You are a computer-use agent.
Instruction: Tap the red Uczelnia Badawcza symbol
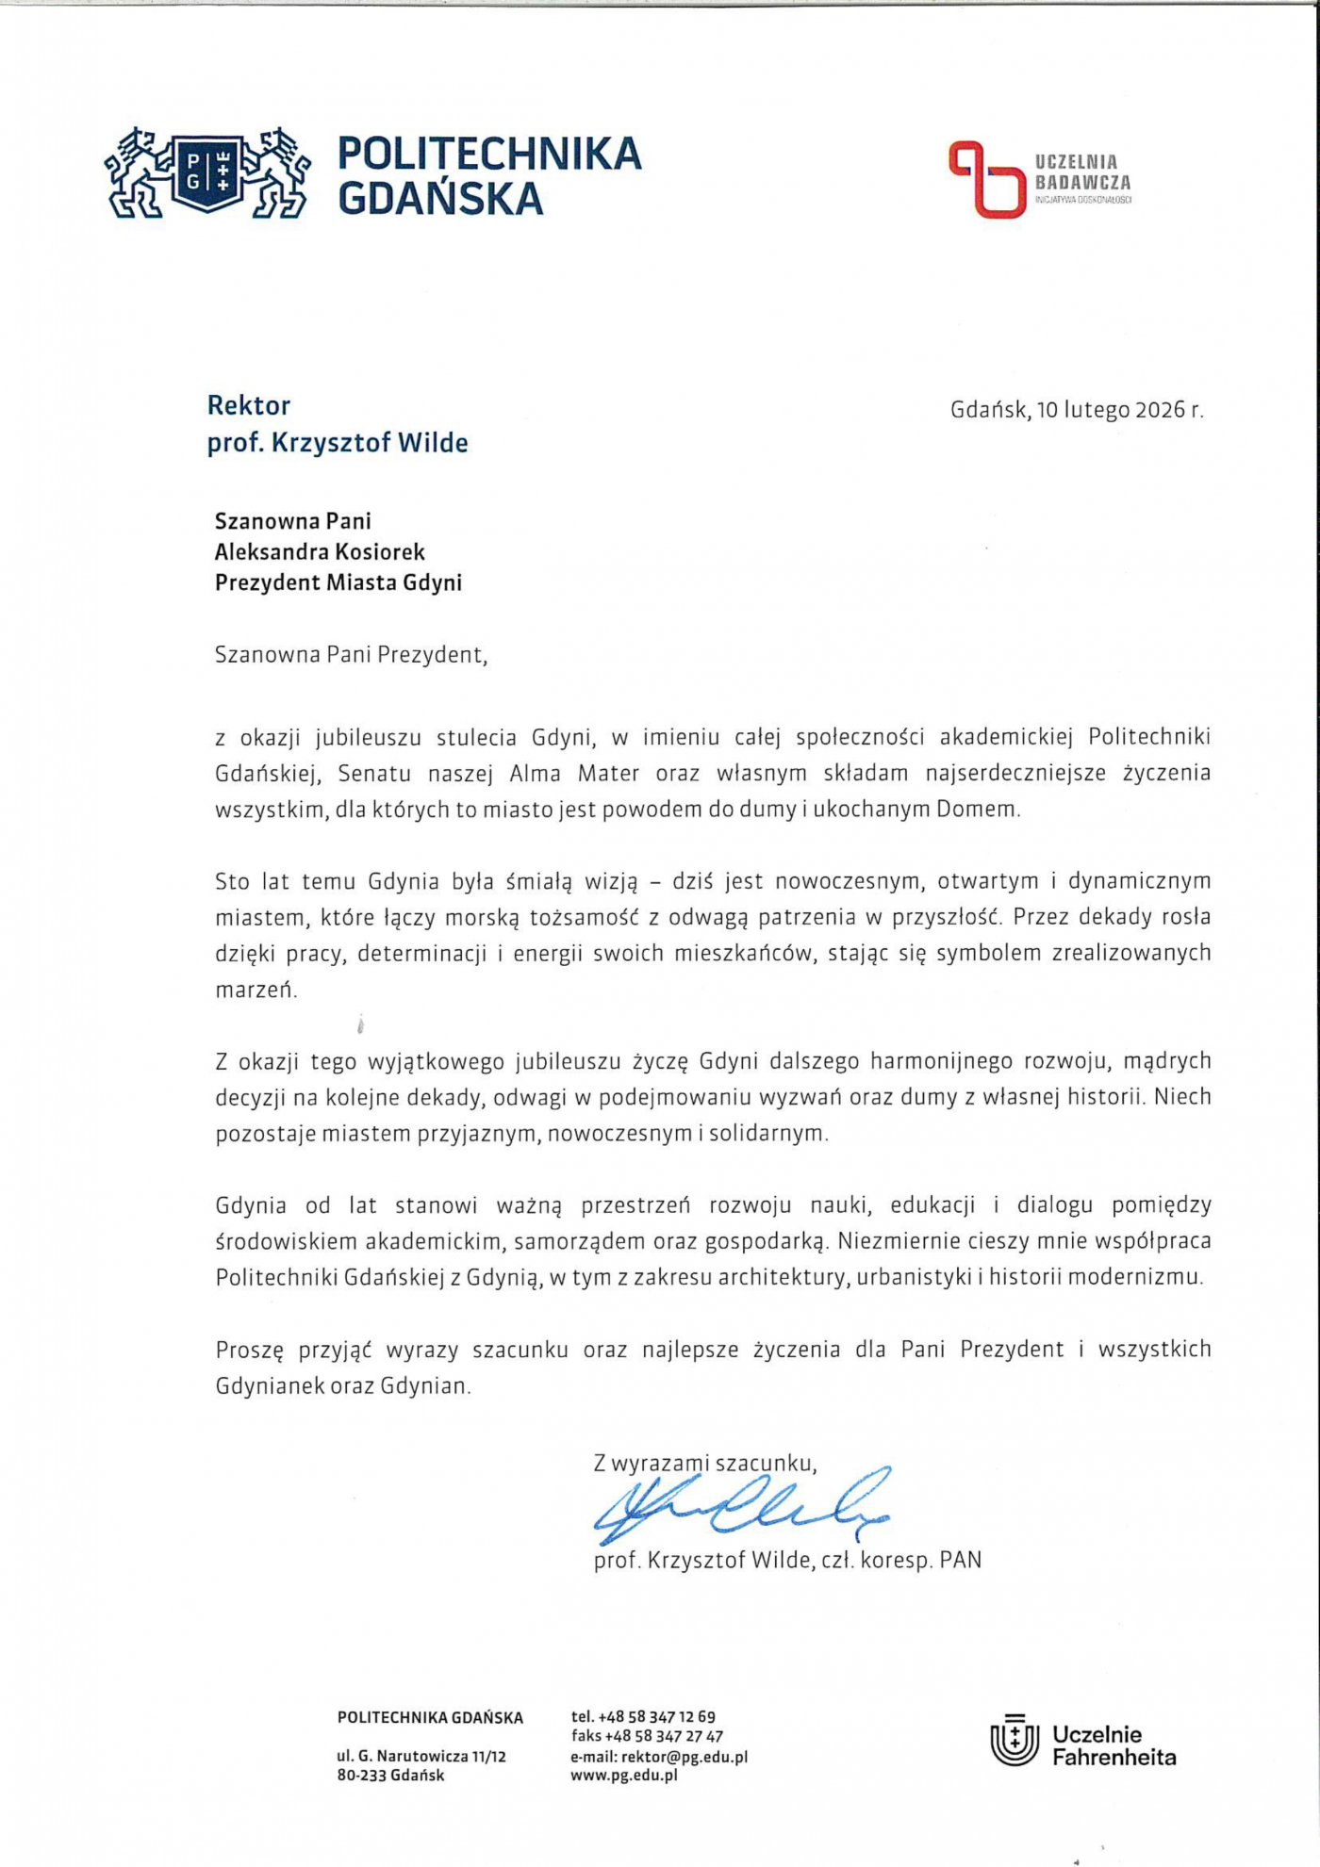tap(986, 179)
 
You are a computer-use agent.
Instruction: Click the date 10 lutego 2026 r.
tap(1119, 410)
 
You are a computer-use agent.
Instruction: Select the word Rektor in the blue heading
tap(249, 406)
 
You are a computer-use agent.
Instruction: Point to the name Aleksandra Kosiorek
tap(320, 551)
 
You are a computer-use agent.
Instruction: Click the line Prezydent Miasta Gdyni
tap(338, 582)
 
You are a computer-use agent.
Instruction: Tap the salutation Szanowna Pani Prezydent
tap(351, 655)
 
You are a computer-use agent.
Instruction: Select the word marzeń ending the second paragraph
tap(256, 990)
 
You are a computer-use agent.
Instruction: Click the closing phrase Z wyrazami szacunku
tap(704, 1464)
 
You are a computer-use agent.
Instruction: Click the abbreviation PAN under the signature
tap(961, 1561)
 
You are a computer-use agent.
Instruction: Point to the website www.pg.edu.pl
tap(624, 1776)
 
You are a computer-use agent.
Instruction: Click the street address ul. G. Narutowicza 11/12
tap(421, 1757)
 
